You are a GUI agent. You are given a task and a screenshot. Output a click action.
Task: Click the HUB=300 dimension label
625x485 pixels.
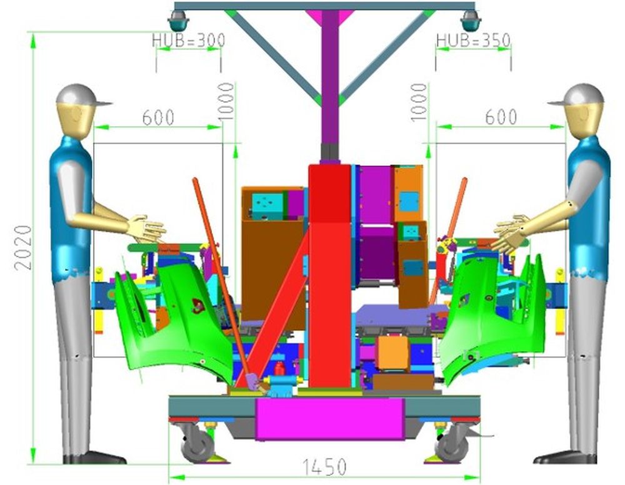tap(189, 40)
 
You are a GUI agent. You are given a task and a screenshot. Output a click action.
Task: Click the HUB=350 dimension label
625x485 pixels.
tap(473, 40)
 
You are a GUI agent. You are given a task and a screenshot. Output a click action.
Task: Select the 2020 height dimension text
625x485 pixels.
tap(22, 247)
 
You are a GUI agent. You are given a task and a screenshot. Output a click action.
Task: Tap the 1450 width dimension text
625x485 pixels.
tap(324, 467)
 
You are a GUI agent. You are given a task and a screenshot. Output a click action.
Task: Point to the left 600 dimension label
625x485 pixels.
tap(158, 117)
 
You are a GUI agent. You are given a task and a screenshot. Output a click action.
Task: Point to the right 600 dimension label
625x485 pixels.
tap(501, 117)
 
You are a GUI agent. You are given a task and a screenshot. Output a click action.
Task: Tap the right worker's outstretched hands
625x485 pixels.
tap(512, 233)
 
